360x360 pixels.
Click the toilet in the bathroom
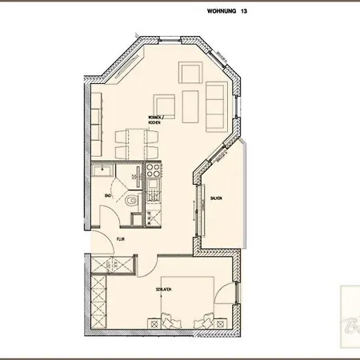tap(131, 198)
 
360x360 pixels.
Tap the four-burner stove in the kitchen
tap(153, 170)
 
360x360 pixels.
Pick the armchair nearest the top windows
tap(190, 74)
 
